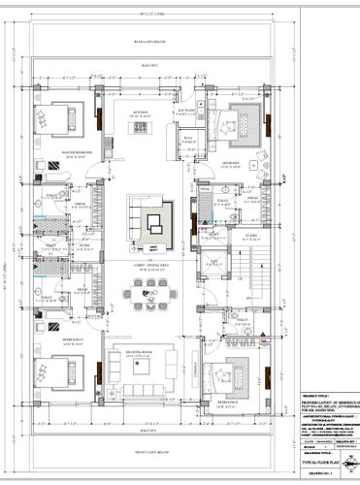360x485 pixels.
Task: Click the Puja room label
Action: (x=187, y=139)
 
